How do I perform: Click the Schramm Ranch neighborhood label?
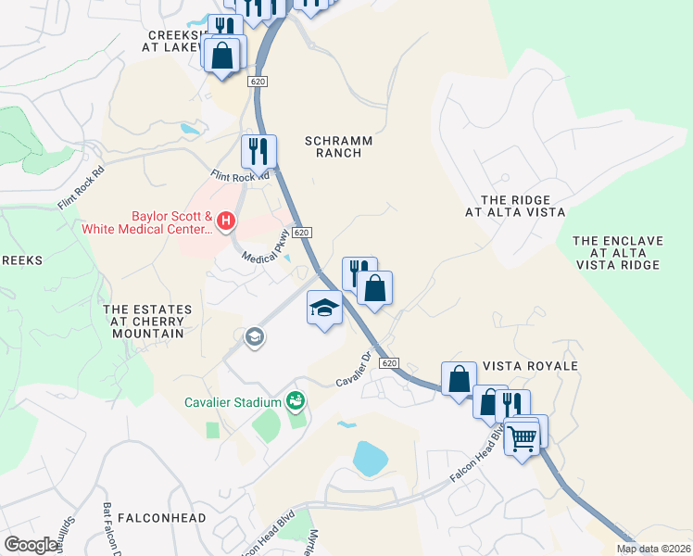coord(338,146)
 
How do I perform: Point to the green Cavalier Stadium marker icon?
coord(296,400)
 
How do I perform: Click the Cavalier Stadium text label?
coord(232,401)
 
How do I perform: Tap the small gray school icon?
coord(254,338)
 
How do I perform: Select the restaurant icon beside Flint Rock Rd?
coord(259,150)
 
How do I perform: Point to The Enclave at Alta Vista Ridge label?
coord(617,253)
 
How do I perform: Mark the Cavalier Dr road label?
coord(357,370)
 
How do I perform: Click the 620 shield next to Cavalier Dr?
coord(389,362)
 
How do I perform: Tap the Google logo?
coord(31,544)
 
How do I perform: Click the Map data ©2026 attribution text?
coord(653,549)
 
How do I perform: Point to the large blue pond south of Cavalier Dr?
coord(370,459)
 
